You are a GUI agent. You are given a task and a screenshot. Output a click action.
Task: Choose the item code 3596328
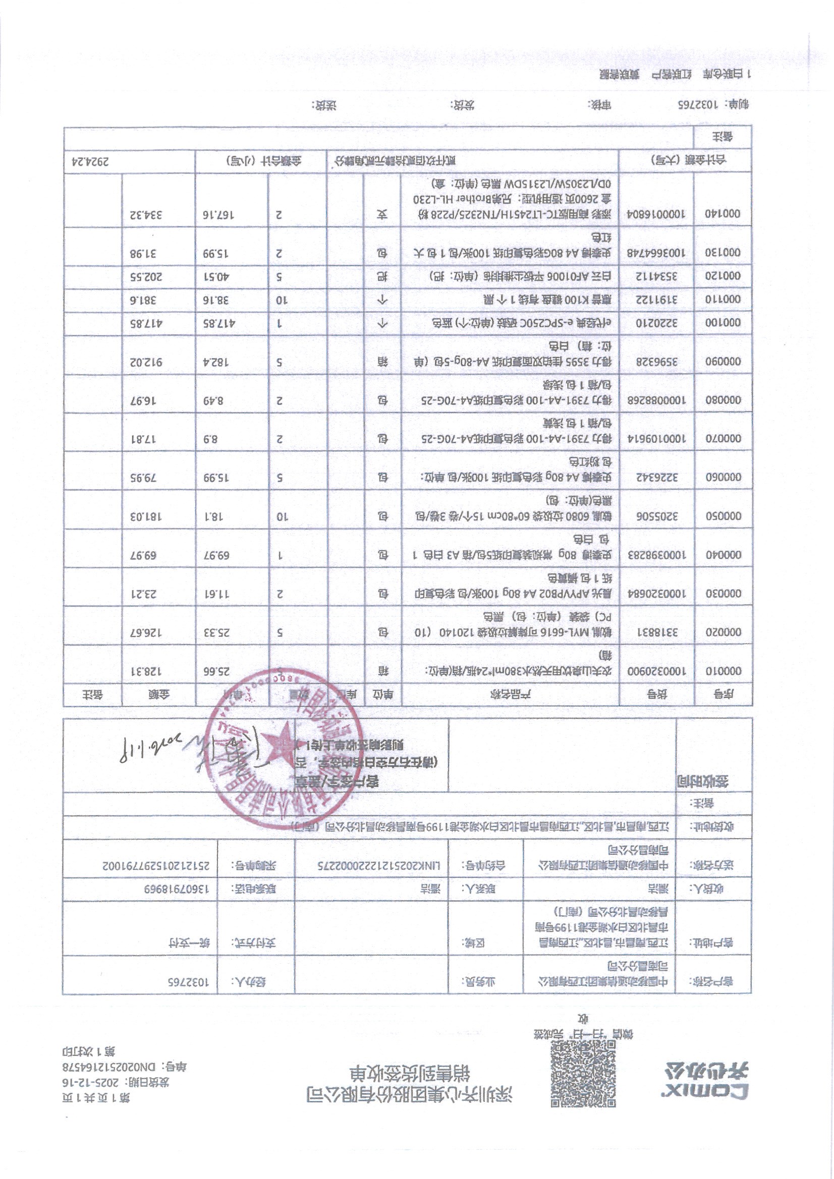point(647,362)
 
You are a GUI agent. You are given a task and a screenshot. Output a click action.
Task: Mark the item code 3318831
point(647,632)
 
